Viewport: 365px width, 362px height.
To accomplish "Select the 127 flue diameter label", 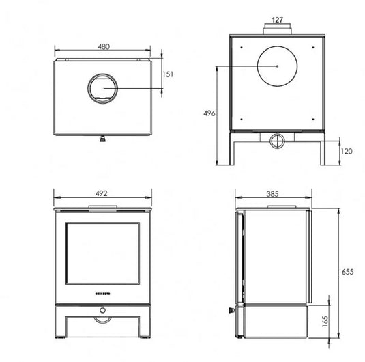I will (277, 20).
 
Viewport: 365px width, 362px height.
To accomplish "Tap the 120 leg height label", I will (347, 151).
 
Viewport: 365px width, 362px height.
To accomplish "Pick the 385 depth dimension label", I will (272, 193).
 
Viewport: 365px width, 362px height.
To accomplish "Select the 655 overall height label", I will (347, 271).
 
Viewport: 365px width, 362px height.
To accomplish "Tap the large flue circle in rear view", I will (278, 66).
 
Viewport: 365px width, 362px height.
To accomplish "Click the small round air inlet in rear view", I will (277, 141).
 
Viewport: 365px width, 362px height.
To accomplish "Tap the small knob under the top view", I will (102, 139).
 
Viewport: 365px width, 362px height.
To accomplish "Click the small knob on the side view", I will (230, 311).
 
